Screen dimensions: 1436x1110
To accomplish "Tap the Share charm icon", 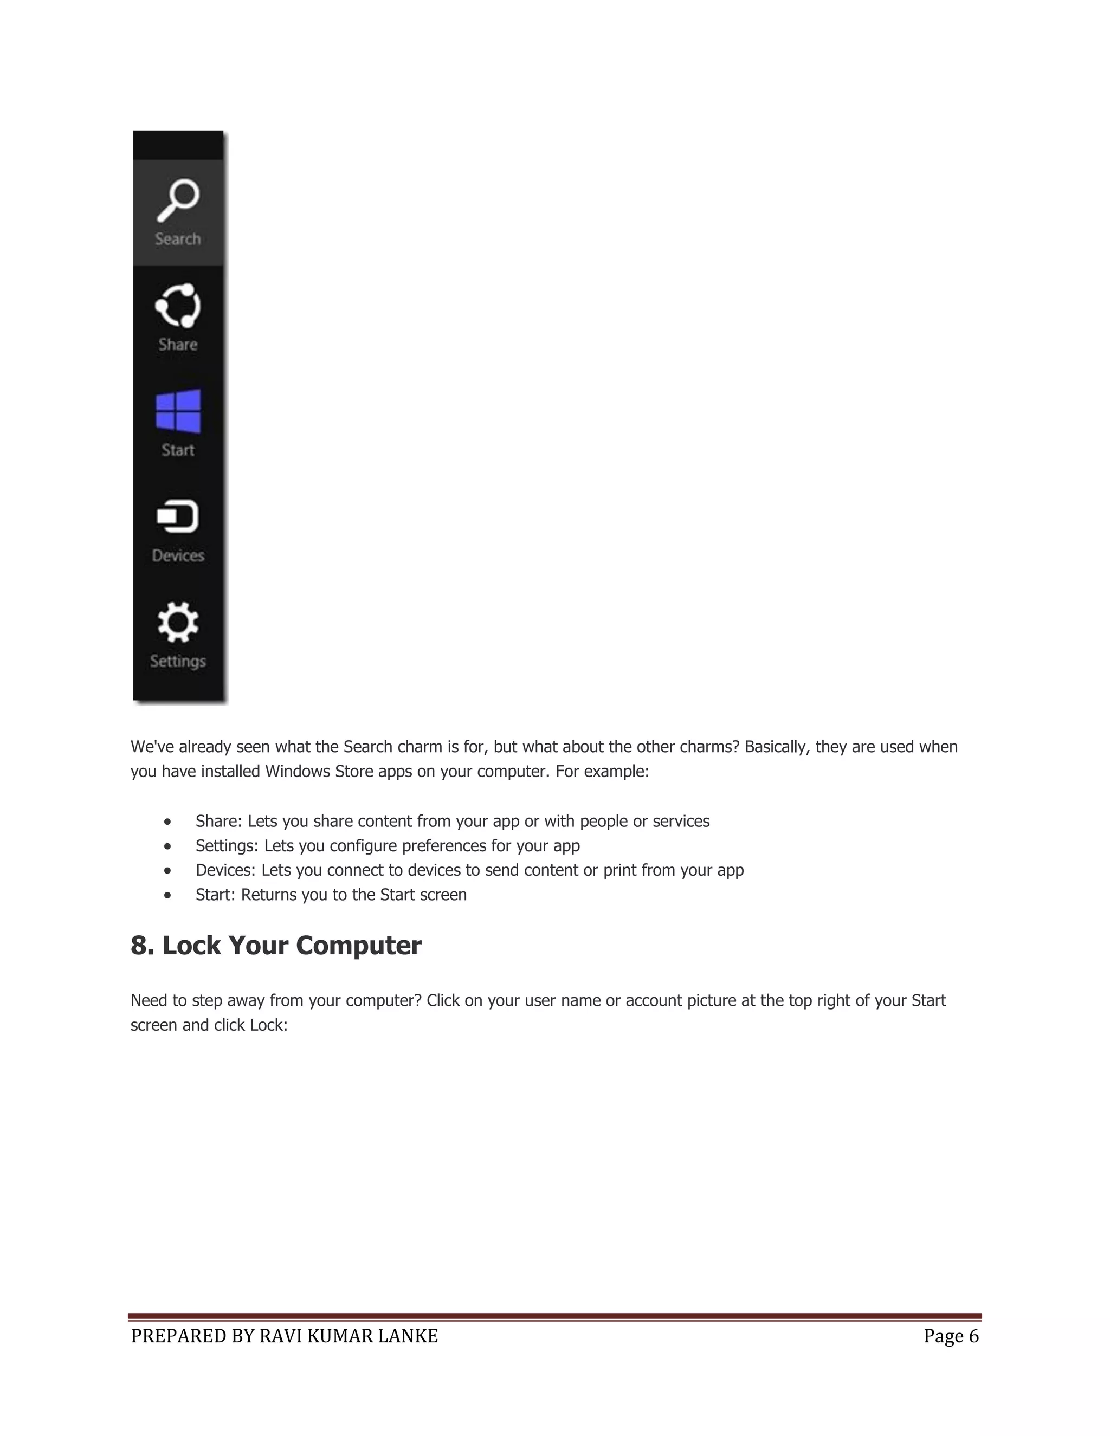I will [x=178, y=306].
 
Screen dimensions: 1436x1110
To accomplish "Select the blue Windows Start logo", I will [x=178, y=411].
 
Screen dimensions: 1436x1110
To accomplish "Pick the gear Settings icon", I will [x=178, y=622].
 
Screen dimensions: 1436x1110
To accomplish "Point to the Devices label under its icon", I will [x=178, y=555].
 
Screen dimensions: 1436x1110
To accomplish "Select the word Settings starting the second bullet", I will [x=226, y=845].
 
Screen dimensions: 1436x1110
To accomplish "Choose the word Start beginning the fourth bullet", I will [x=215, y=895].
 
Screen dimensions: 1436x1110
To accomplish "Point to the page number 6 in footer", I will [x=973, y=1336].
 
